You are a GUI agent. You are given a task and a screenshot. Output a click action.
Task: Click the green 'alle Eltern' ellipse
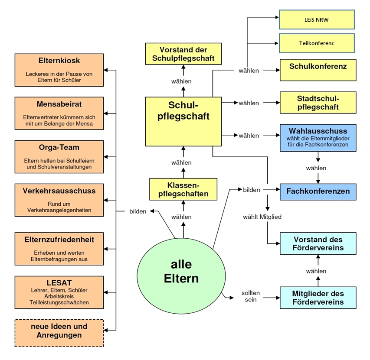click(181, 271)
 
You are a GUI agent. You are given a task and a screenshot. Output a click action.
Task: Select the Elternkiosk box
click(59, 70)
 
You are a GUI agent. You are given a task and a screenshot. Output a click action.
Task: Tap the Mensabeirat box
click(59, 113)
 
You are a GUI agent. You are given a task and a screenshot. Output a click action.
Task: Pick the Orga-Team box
click(59, 156)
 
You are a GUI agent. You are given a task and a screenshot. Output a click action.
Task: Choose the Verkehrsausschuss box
click(59, 200)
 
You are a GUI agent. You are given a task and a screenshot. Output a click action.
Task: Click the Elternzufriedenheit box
click(59, 249)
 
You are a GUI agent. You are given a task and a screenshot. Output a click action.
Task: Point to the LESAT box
click(59, 292)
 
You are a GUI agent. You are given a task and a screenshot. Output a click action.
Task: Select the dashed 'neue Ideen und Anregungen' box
click(59, 333)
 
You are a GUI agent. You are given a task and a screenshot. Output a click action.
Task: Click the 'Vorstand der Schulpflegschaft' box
click(183, 54)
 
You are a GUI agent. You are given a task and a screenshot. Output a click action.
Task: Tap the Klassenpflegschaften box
click(183, 189)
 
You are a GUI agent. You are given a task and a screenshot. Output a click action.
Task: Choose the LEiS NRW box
click(317, 19)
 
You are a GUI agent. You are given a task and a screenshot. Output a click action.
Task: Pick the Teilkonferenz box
click(317, 43)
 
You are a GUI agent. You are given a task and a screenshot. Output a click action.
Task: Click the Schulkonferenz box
click(318, 70)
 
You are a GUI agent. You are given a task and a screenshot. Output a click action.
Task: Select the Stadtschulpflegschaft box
click(318, 103)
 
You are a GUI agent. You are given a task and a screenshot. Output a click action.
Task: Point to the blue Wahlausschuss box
click(318, 138)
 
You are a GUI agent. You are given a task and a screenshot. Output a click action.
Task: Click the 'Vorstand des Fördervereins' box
click(318, 243)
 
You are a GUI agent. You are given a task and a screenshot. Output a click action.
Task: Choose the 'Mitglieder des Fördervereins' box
click(318, 298)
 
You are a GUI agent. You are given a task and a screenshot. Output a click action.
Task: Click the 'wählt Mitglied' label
click(262, 216)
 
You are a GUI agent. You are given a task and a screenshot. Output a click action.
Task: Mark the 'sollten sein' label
click(251, 296)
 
